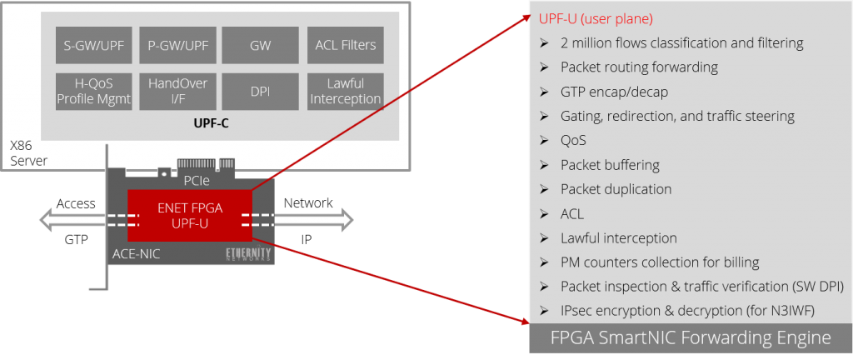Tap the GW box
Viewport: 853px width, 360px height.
[260, 45]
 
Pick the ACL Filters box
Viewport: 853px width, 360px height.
[346, 45]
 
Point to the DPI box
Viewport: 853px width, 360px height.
[260, 92]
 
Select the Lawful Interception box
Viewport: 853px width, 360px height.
[346, 92]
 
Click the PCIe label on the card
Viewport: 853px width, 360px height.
[197, 179]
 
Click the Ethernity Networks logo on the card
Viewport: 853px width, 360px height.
[249, 254]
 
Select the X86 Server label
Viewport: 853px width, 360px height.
[27, 152]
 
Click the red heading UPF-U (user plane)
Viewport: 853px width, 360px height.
[596, 18]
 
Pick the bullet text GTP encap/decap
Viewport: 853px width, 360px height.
[614, 92]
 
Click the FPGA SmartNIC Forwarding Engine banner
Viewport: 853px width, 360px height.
[691, 337]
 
